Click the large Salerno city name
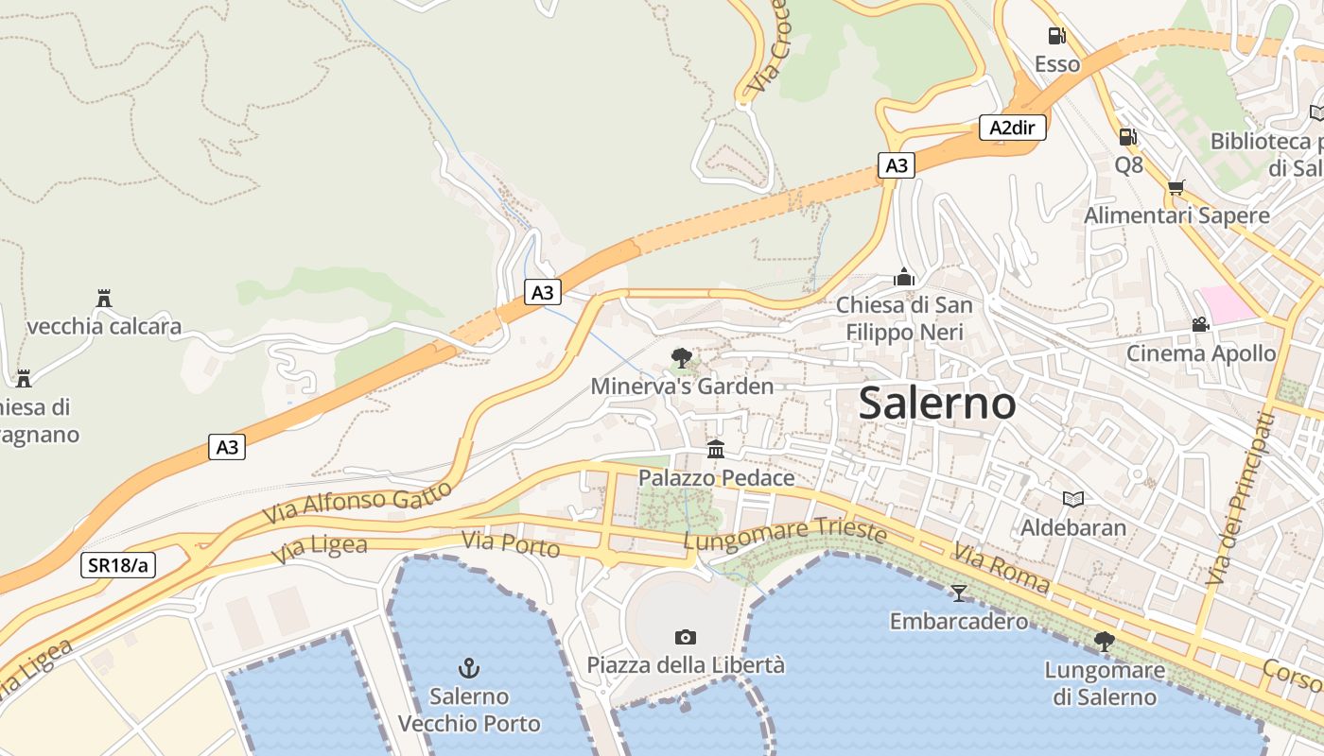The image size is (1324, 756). [x=937, y=404]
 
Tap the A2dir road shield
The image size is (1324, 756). [x=1012, y=128]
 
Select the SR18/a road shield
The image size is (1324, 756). [x=118, y=565]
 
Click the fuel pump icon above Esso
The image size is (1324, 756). [x=1056, y=36]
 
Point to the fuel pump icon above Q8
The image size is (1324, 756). [x=1127, y=137]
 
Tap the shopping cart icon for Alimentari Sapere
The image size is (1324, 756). [x=1176, y=187]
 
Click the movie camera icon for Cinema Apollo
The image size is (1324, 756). [x=1200, y=324]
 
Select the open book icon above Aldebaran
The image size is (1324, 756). [x=1072, y=499]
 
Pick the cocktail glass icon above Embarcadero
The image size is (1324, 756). [x=959, y=593]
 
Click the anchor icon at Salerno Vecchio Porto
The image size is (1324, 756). [x=469, y=668]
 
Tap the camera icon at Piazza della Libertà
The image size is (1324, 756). [x=686, y=637]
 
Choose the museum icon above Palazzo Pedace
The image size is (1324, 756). [x=716, y=449]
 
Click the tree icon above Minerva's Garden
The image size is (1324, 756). [x=681, y=358]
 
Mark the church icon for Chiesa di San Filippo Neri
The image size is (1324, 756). [x=904, y=277]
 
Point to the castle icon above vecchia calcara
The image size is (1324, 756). [x=104, y=299]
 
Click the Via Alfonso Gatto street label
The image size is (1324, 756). [x=357, y=505]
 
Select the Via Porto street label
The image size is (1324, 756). [x=511, y=543]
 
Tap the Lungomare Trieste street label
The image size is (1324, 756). [x=785, y=535]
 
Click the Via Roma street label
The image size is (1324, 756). [x=1001, y=568]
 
